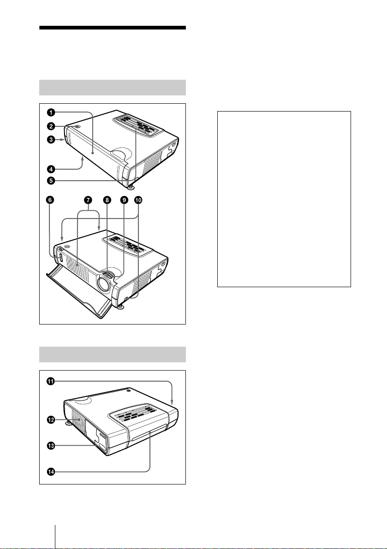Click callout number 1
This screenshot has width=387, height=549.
click(x=51, y=112)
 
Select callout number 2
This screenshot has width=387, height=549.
click(x=51, y=126)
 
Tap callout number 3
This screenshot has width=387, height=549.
click(x=51, y=140)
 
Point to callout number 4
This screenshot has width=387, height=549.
click(x=51, y=169)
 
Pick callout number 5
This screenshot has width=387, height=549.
click(x=51, y=181)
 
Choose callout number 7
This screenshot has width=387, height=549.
click(x=88, y=200)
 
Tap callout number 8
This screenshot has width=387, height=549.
click(x=107, y=200)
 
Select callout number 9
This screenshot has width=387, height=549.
click(x=124, y=200)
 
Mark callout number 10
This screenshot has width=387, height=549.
click(x=138, y=200)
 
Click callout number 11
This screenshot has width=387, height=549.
click(x=51, y=381)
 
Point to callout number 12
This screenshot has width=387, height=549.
click(x=51, y=419)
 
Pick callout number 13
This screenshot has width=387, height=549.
click(x=51, y=446)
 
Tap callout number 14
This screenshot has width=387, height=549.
click(x=51, y=472)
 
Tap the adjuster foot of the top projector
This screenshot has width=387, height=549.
click(x=131, y=187)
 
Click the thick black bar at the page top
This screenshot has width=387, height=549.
click(x=113, y=28)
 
